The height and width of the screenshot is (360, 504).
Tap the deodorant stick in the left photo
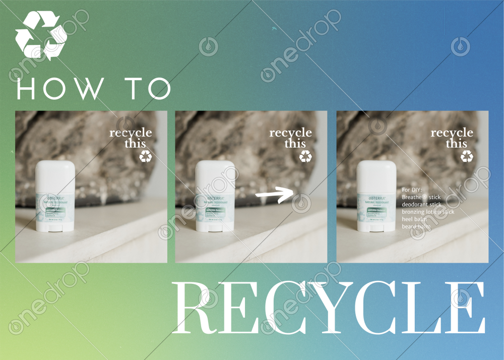[55, 197]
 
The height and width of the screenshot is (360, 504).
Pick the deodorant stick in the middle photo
[216, 197]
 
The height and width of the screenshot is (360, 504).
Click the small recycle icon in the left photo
[146, 157]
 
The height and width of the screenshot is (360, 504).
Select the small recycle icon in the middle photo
[306, 157]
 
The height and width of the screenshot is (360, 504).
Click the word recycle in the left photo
[131, 133]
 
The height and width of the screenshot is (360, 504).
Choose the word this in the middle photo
[295, 144]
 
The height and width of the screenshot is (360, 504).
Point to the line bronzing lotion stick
[428, 212]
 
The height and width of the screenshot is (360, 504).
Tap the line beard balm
[416, 227]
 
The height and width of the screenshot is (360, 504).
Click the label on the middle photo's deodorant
[216, 210]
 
